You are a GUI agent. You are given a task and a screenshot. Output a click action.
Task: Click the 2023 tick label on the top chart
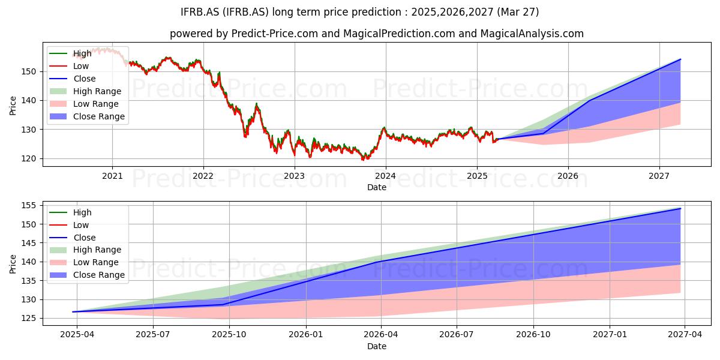click(x=294, y=176)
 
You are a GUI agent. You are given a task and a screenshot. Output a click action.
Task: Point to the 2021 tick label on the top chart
click(x=112, y=176)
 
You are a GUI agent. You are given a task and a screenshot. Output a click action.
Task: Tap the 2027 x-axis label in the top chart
click(x=659, y=176)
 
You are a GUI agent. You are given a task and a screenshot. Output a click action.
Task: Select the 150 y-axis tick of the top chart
click(x=29, y=71)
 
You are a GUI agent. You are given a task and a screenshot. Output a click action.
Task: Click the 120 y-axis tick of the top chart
click(x=29, y=159)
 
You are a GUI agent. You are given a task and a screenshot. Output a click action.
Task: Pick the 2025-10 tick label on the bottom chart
click(x=229, y=335)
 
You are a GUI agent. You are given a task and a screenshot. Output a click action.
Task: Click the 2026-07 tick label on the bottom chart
click(x=457, y=335)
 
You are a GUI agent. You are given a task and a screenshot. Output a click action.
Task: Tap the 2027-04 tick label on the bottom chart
click(x=685, y=335)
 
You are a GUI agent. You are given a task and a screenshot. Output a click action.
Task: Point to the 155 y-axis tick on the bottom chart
click(x=29, y=206)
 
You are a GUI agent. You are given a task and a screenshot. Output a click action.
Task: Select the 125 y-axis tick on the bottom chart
click(x=29, y=319)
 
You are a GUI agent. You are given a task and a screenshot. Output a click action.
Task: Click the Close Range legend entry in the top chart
click(x=87, y=116)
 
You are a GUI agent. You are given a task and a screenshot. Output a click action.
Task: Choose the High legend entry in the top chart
click(x=70, y=53)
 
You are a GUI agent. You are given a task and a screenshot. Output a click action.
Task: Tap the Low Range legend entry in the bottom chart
click(x=84, y=262)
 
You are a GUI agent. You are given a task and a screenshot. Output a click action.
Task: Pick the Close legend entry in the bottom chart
click(x=73, y=238)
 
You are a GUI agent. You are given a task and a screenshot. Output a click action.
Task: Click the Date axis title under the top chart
click(x=377, y=187)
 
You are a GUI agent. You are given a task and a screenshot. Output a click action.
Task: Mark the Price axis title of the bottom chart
click(x=13, y=264)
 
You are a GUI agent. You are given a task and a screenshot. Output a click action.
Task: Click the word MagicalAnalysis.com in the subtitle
click(x=532, y=34)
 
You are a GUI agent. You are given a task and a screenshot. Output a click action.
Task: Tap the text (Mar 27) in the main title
click(x=518, y=12)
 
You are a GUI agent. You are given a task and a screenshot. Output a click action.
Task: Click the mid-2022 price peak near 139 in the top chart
click(x=256, y=103)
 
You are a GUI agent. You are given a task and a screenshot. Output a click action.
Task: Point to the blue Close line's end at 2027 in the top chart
click(x=680, y=59)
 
